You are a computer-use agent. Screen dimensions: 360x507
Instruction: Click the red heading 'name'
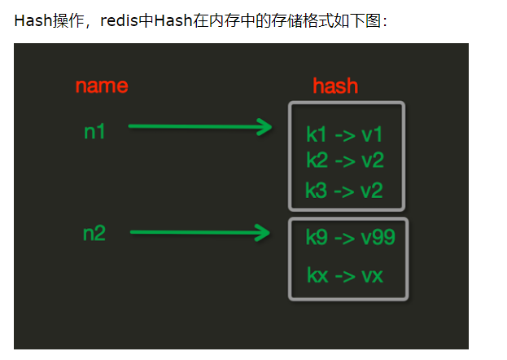[x=102, y=86]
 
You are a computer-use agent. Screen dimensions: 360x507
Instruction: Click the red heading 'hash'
[x=335, y=86]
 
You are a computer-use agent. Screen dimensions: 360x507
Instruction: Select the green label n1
[x=95, y=130]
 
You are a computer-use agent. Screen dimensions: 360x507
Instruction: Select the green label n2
[x=95, y=234]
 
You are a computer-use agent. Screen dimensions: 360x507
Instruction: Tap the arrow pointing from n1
[x=199, y=126]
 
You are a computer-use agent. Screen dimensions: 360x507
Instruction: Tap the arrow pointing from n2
[x=199, y=233]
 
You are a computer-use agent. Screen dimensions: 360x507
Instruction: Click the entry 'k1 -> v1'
[x=344, y=134]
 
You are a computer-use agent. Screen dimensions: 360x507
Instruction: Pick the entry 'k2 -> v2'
[x=345, y=160]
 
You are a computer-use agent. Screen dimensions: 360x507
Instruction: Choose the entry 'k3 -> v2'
[x=343, y=191]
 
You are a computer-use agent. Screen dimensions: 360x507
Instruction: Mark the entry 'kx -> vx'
[x=345, y=275]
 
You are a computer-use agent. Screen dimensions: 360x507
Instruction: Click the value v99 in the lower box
[x=378, y=237]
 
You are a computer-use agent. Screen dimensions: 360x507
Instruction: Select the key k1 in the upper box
[x=316, y=134]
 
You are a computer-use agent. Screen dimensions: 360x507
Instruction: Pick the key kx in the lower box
[x=318, y=275]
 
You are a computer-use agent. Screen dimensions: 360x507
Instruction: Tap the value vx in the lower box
[x=372, y=275]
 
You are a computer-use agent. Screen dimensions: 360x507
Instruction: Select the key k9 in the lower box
[x=317, y=237]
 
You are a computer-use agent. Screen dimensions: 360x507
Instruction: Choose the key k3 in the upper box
[x=316, y=191]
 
